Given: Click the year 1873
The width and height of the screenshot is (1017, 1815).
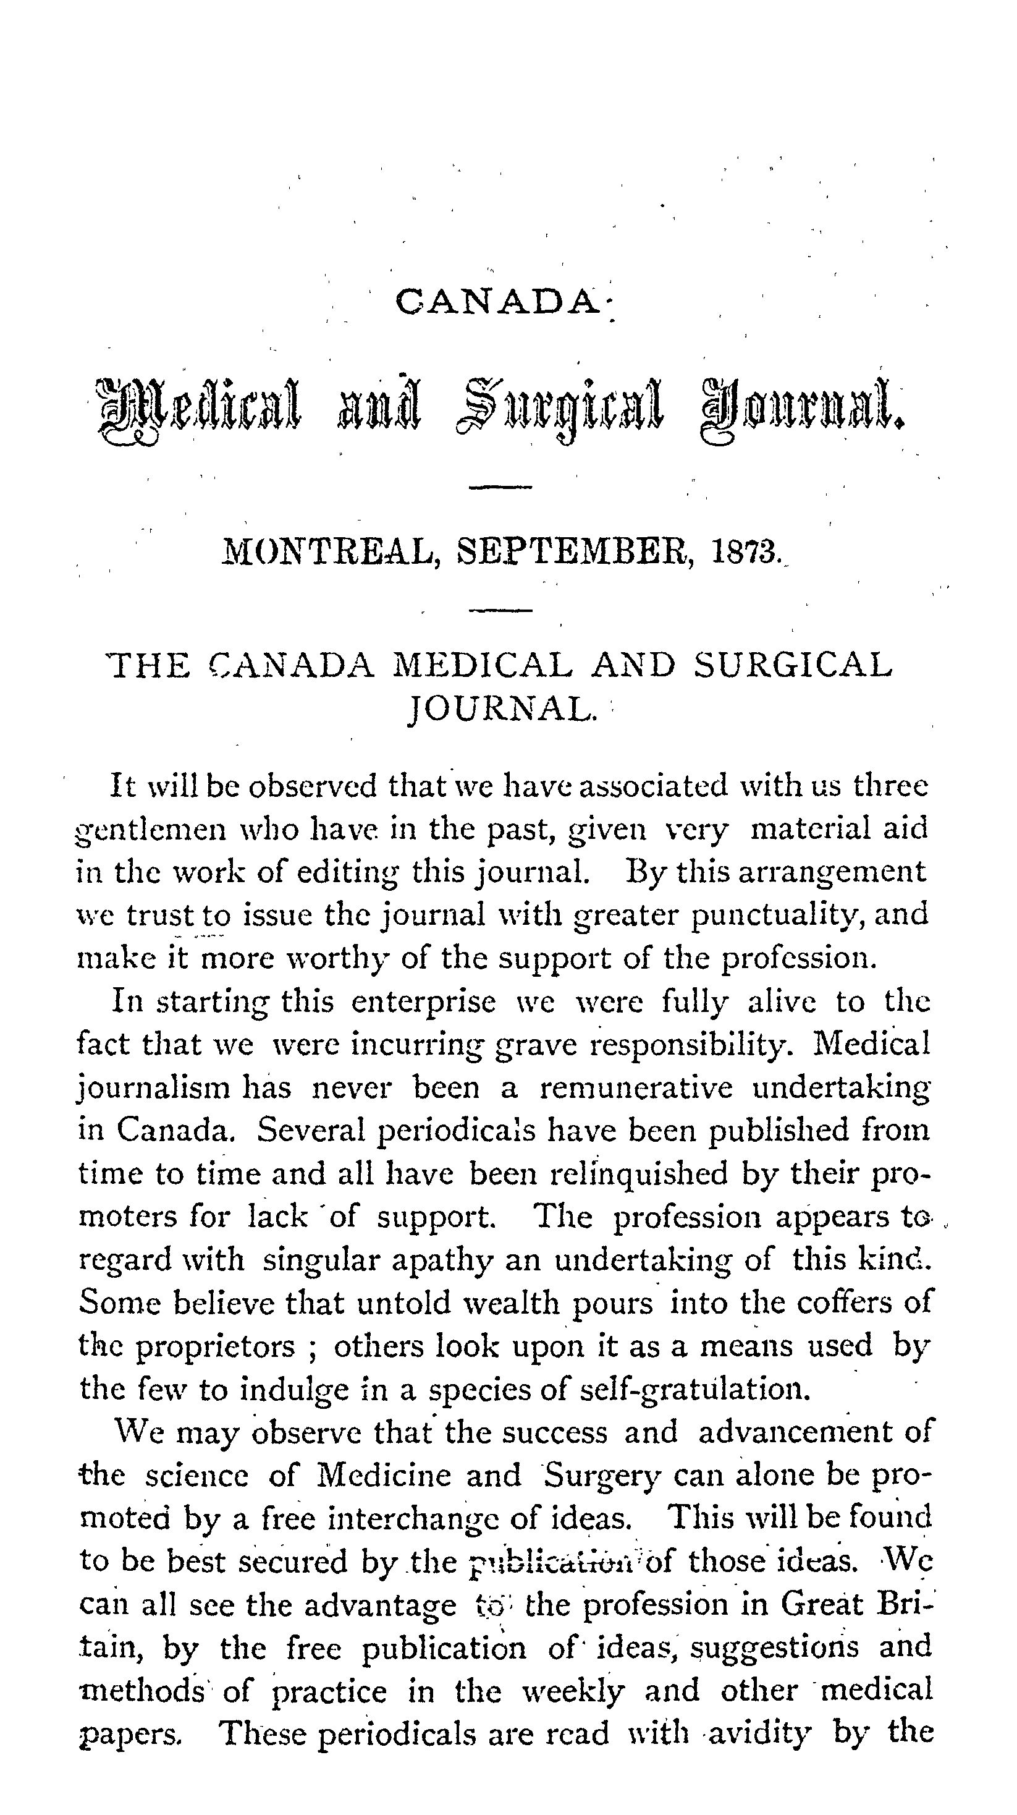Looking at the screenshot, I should click(x=746, y=551).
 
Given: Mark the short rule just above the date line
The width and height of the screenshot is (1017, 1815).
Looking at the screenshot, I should click(x=500, y=487).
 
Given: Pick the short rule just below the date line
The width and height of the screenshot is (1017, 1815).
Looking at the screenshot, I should click(x=500, y=611).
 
